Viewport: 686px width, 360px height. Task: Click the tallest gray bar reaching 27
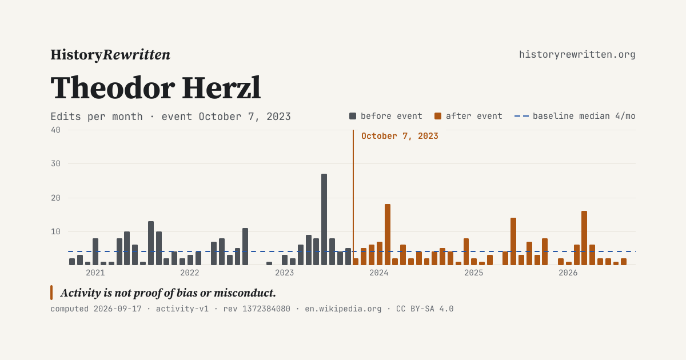point(324,219)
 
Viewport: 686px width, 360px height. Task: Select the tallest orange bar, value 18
point(388,234)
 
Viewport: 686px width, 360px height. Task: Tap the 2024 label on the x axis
point(379,273)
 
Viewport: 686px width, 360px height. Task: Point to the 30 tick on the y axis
point(56,164)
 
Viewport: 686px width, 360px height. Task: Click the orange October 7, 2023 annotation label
point(400,136)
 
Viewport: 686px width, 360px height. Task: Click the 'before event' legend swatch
point(353,116)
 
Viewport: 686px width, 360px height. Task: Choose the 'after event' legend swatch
point(438,116)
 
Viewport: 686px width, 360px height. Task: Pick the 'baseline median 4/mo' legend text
point(584,116)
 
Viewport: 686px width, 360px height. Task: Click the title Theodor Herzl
point(155,88)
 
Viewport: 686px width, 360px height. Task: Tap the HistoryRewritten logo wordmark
point(110,55)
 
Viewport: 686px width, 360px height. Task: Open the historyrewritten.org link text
point(577,54)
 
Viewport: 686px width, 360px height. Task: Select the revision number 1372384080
point(266,309)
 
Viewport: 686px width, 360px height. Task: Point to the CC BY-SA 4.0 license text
point(425,309)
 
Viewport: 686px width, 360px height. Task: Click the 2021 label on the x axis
point(95,273)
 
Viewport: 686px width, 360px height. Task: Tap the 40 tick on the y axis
point(56,130)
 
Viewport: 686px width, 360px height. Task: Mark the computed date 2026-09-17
point(118,309)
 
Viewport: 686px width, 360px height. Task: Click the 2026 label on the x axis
point(568,273)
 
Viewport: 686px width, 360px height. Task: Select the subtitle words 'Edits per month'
point(97,117)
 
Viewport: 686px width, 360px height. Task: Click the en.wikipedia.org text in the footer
point(343,309)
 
